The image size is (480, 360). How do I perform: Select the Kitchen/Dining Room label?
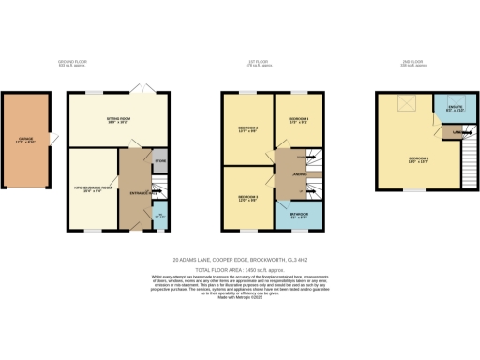(x=93, y=188)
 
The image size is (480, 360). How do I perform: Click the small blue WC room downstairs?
(x=159, y=214)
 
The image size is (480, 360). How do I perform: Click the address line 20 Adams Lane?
(x=240, y=260)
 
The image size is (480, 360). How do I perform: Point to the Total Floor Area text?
(x=240, y=269)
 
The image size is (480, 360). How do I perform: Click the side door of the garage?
(x=52, y=141)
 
